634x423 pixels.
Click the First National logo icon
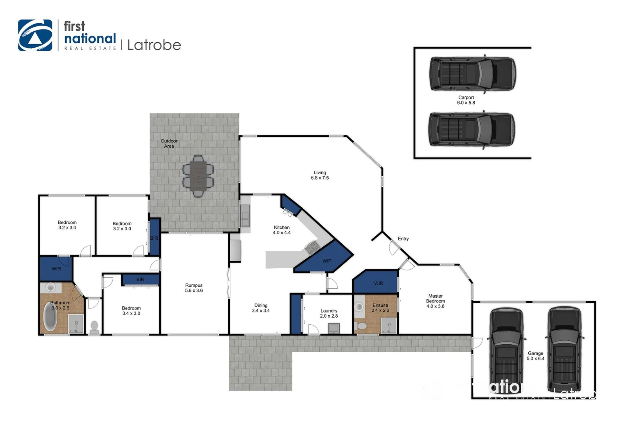point(35,35)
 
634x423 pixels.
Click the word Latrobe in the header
point(154,45)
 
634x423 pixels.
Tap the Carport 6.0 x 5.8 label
point(466,100)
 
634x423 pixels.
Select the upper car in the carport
point(472,74)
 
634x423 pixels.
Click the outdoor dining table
point(198,176)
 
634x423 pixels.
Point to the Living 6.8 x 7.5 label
point(320,175)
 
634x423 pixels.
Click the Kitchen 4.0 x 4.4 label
point(282,230)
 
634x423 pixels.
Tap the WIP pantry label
point(327,261)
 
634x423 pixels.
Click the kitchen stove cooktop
point(312,247)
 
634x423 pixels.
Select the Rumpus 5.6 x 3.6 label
point(194,288)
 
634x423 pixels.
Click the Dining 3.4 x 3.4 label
point(261,308)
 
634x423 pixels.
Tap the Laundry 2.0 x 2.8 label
point(329,313)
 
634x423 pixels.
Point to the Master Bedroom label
point(435,301)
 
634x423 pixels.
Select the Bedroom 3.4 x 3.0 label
point(131,311)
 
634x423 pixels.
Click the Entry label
point(403,239)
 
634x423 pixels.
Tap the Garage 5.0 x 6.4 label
point(535,356)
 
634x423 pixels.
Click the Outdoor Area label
point(169,143)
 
